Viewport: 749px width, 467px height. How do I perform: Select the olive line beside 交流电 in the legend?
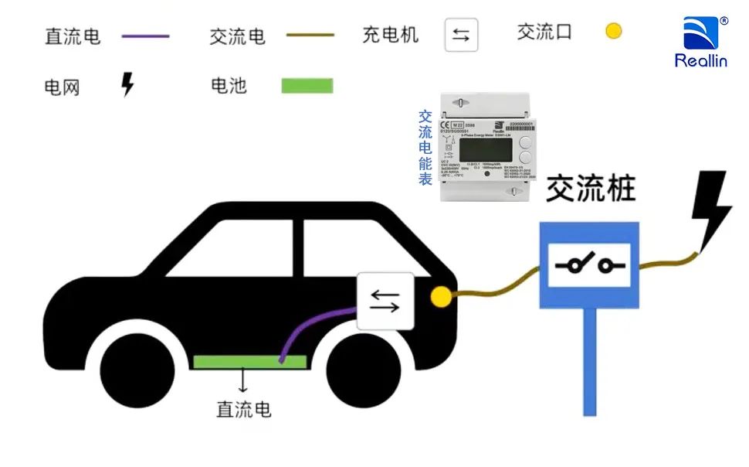pyautogui.click(x=310, y=35)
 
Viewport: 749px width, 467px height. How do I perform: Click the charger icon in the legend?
pyautogui.click(x=461, y=35)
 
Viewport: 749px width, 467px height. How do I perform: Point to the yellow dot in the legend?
pyautogui.click(x=613, y=32)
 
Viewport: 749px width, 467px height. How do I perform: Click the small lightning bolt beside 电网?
pyautogui.click(x=127, y=84)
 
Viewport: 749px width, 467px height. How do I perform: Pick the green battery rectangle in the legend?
pyautogui.click(x=307, y=85)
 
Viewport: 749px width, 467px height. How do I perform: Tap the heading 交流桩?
pyautogui.click(x=591, y=189)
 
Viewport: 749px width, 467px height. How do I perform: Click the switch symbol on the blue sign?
pyautogui.click(x=589, y=265)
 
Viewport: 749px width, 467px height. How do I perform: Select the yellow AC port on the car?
pyautogui.click(x=441, y=297)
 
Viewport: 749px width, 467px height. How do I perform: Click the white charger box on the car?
pyautogui.click(x=385, y=301)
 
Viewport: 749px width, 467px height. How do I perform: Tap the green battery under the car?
pyautogui.click(x=249, y=360)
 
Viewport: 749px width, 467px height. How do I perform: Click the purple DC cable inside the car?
pyautogui.click(x=309, y=329)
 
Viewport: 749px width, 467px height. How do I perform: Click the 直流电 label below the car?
pyautogui.click(x=244, y=408)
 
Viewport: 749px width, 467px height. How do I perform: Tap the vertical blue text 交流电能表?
pyautogui.click(x=425, y=147)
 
